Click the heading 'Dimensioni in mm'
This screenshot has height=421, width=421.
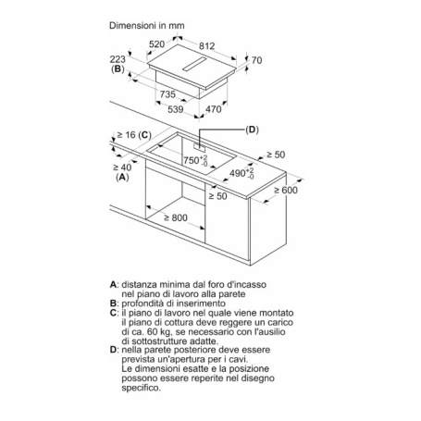147,26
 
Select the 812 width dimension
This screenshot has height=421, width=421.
206,46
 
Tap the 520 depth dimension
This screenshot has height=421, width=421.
156,44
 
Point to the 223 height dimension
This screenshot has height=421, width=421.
118,59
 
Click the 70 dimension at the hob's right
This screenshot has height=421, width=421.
256,60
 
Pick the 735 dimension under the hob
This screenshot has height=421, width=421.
167,94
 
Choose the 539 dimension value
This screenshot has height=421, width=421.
176,109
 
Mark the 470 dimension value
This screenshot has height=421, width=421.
214,109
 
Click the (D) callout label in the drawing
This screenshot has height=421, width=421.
252,130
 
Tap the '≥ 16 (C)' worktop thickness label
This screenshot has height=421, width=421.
134,135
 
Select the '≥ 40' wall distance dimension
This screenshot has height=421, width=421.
122,167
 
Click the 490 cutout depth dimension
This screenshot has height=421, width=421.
241,173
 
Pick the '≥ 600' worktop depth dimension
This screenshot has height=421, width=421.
286,191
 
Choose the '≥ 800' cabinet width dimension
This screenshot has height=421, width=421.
176,218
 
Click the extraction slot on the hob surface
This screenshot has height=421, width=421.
194,65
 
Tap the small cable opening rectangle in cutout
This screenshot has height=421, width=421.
200,147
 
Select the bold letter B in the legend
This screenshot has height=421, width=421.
113,303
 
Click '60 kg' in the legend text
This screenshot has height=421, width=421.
148,332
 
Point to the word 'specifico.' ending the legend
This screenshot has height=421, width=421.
142,388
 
